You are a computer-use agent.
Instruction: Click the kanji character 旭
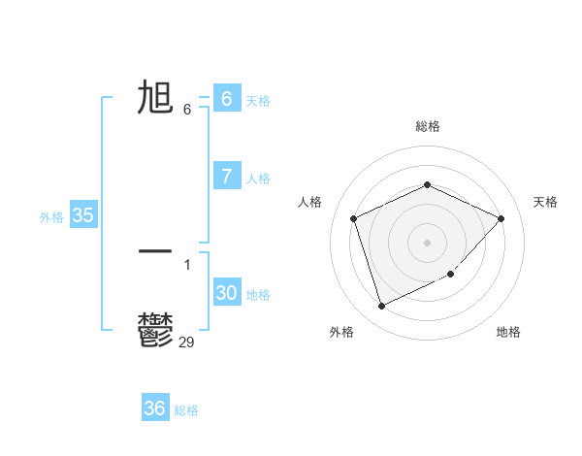pyautogui.click(x=155, y=98)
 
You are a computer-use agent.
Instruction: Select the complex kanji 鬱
pyautogui.click(x=155, y=329)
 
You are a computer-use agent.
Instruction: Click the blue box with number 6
pyautogui.click(x=226, y=98)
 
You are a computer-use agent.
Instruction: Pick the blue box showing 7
pyautogui.click(x=226, y=176)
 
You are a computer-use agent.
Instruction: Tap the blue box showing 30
pyautogui.click(x=226, y=293)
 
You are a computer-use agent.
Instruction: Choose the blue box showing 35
pyautogui.click(x=82, y=215)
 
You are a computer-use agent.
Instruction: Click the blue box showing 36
pyautogui.click(x=154, y=408)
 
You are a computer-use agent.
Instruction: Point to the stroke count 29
pyautogui.click(x=186, y=342)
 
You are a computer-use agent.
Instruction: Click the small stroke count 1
pyautogui.click(x=187, y=264)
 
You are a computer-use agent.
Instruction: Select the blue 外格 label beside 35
pyautogui.click(x=51, y=217)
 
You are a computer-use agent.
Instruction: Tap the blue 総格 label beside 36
pyautogui.click(x=186, y=410)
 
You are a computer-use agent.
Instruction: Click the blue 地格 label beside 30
pyautogui.click(x=258, y=295)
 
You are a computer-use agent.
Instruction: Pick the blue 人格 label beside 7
pyautogui.click(x=258, y=179)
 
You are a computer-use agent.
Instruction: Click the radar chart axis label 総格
pyautogui.click(x=427, y=126)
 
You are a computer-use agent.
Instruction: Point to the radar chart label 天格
pyautogui.click(x=545, y=202)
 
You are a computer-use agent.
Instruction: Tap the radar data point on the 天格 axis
pyautogui.click(x=501, y=218)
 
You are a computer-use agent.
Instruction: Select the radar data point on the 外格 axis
pyautogui.click(x=381, y=306)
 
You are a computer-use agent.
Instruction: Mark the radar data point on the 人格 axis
pyautogui.click(x=354, y=218)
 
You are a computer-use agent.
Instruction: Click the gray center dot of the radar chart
pyautogui.click(x=427, y=242)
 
